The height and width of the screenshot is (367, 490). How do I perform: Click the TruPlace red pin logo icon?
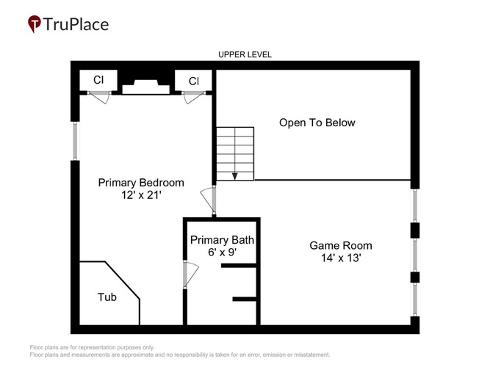(35, 23)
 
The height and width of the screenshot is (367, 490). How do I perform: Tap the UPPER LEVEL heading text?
(245, 54)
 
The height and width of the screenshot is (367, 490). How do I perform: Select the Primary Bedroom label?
(141, 183)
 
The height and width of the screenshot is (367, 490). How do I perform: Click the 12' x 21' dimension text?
(141, 195)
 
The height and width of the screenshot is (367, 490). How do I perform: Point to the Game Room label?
(341, 245)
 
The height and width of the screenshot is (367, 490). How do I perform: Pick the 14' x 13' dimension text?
(341, 258)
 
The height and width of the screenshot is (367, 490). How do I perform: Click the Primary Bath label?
(222, 240)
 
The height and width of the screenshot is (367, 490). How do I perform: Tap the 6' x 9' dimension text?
(222, 252)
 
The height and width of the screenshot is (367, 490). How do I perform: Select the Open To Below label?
(317, 123)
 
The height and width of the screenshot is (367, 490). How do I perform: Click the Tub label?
(107, 297)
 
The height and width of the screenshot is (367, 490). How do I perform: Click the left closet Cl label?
(98, 80)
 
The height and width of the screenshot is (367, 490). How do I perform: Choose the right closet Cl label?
(194, 81)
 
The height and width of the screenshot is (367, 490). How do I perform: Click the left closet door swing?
(99, 97)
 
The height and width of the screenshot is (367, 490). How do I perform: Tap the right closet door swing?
(194, 97)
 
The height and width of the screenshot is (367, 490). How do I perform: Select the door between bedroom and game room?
(209, 201)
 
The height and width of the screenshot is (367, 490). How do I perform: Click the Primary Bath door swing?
(190, 275)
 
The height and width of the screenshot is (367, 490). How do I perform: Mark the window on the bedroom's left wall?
(75, 141)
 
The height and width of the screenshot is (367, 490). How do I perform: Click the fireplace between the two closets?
(145, 87)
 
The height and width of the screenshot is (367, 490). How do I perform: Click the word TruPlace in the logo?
(76, 24)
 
